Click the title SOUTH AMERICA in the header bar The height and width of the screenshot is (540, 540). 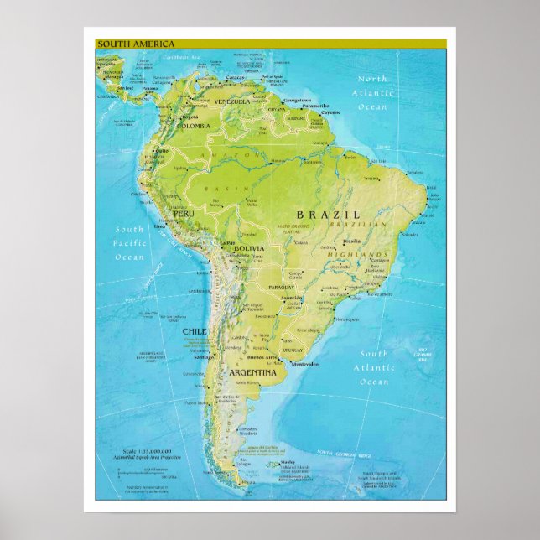click(124, 43)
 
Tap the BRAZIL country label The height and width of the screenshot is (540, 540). click(326, 215)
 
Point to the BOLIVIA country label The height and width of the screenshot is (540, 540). click(249, 249)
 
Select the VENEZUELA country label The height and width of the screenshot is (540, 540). click(233, 101)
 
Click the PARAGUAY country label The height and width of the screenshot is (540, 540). click(282, 288)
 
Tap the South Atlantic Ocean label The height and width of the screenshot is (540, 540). click(374, 367)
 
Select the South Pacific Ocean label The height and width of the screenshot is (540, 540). click(130, 243)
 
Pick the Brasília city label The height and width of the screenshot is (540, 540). click(351, 241)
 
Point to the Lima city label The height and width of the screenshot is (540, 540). click(161, 226)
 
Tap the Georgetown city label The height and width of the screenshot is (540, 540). click(297, 100)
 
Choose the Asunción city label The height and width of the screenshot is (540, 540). click(291, 298)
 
